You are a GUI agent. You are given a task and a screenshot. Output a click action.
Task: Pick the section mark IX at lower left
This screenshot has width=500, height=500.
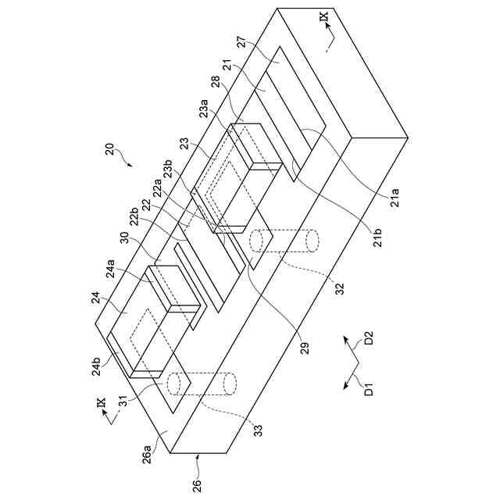click(x=100, y=402)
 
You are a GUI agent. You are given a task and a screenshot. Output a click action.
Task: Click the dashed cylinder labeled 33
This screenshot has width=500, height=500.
click(x=202, y=385)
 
